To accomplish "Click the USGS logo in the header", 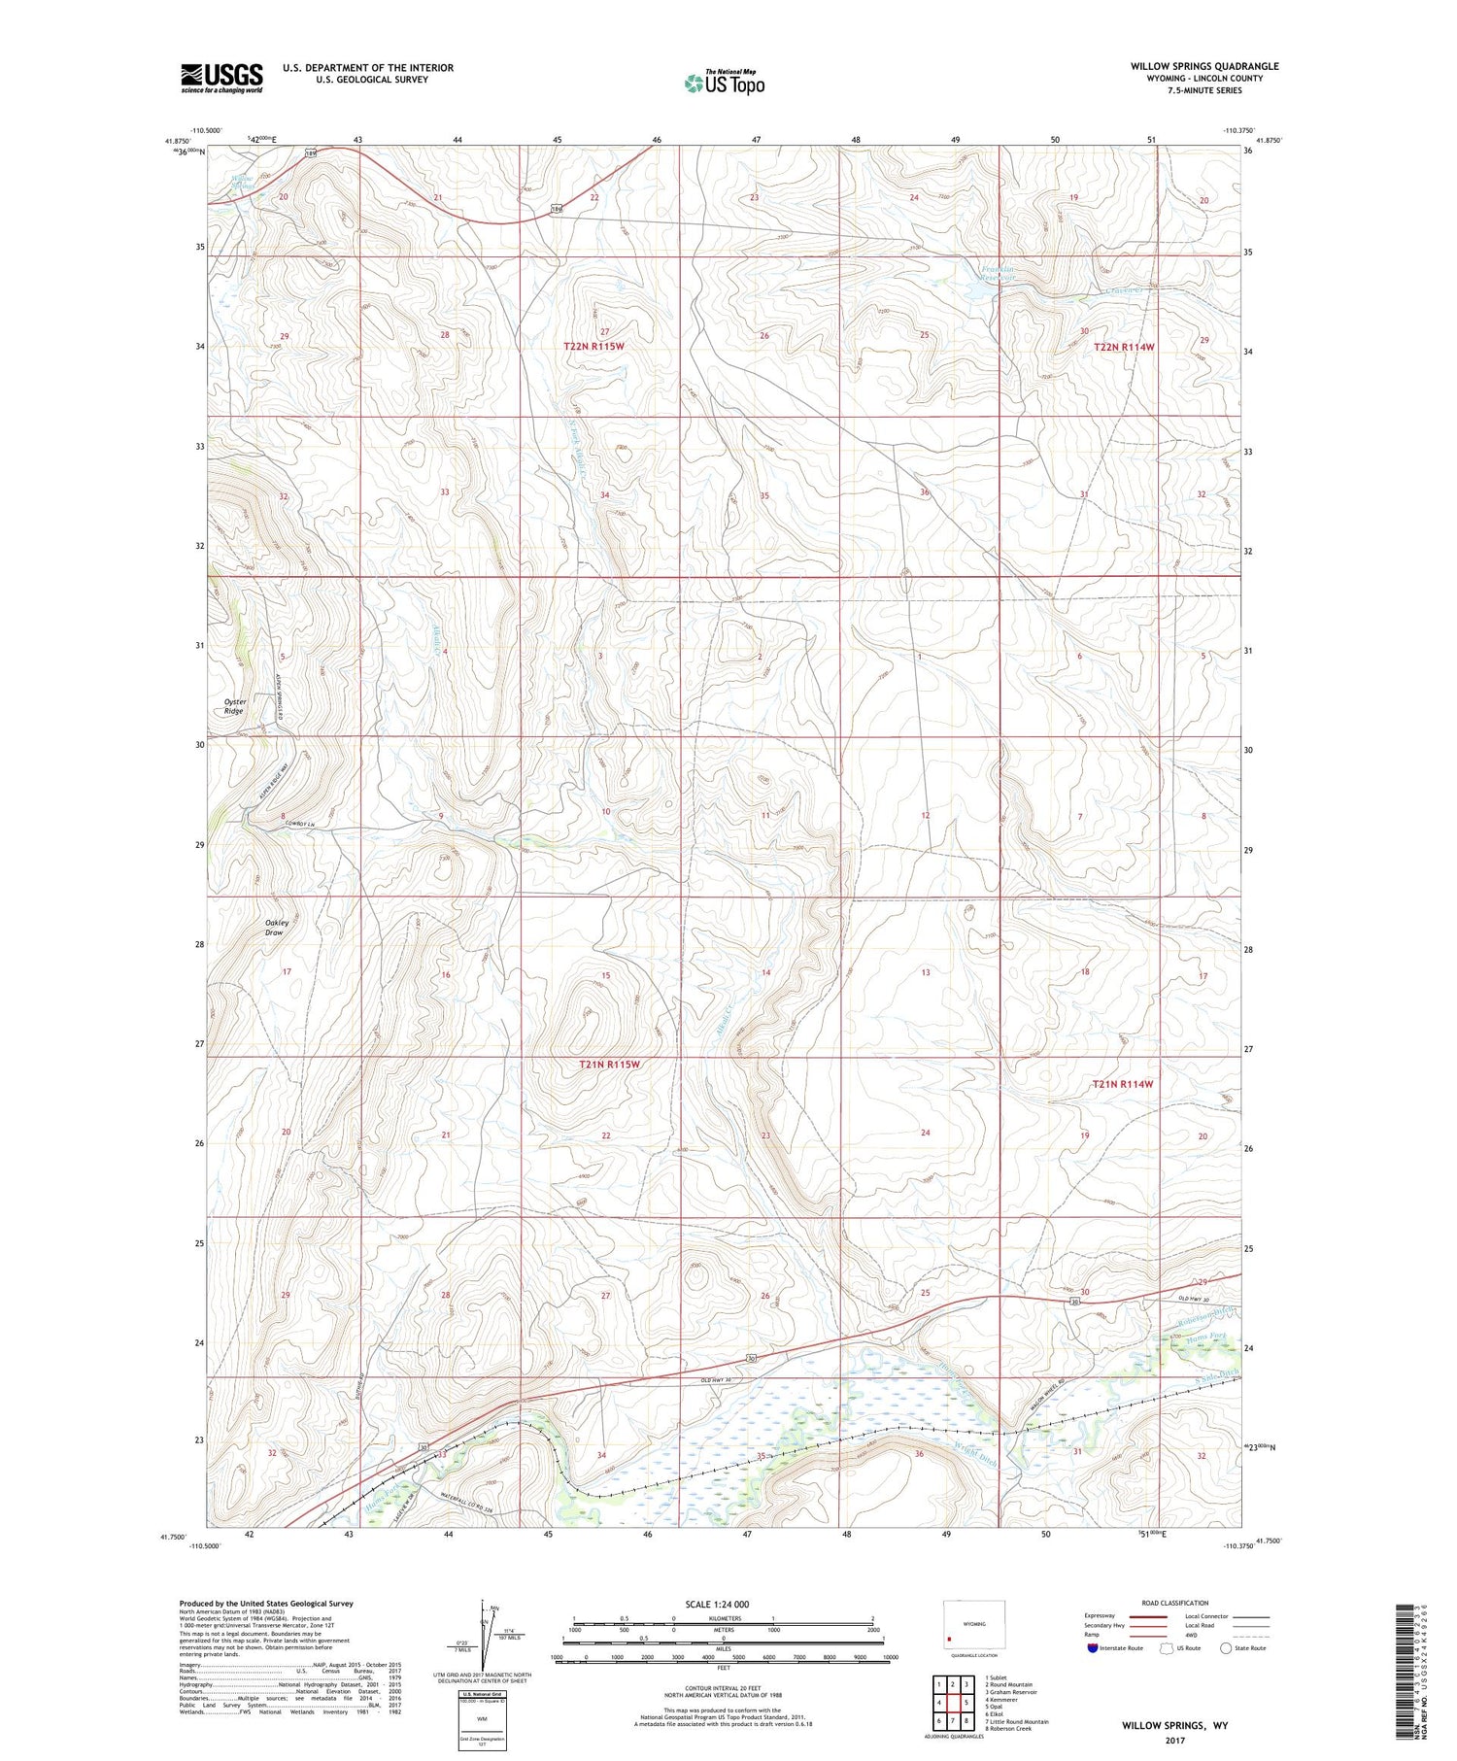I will coord(221,78).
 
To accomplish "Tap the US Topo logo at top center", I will coord(724,83).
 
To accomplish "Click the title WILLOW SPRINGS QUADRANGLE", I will coord(1203,66).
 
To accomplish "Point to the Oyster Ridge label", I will coord(234,706).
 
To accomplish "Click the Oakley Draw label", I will coord(274,928).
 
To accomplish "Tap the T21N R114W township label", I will coord(1122,1084).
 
